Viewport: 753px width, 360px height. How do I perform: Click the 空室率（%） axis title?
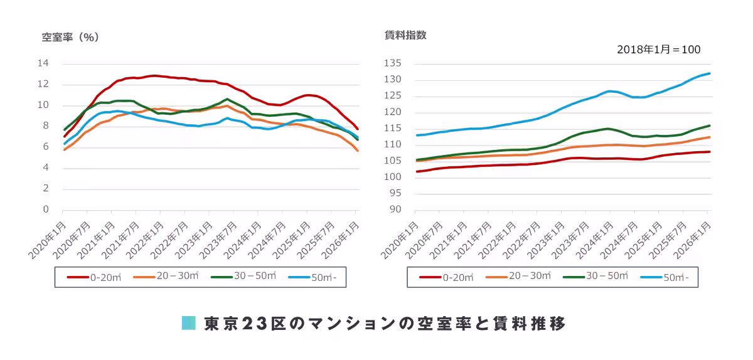tap(70, 37)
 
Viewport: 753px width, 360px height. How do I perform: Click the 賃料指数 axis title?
tap(405, 35)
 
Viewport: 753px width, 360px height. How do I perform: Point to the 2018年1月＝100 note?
tap(658, 50)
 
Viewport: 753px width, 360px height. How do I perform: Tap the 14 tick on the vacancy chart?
tap(43, 63)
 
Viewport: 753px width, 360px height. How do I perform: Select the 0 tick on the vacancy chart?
tap(46, 209)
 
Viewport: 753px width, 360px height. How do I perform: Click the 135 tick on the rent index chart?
tap(393, 63)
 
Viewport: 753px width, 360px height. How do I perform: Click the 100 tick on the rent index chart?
tap(393, 177)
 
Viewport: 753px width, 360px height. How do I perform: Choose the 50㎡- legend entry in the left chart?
tap(317, 277)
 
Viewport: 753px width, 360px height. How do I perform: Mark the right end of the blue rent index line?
tap(710, 73)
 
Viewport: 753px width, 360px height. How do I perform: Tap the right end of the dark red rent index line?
tap(710, 152)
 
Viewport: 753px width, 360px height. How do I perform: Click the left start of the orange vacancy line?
tap(65, 149)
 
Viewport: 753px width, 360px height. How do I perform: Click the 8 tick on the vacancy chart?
tap(46, 126)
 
